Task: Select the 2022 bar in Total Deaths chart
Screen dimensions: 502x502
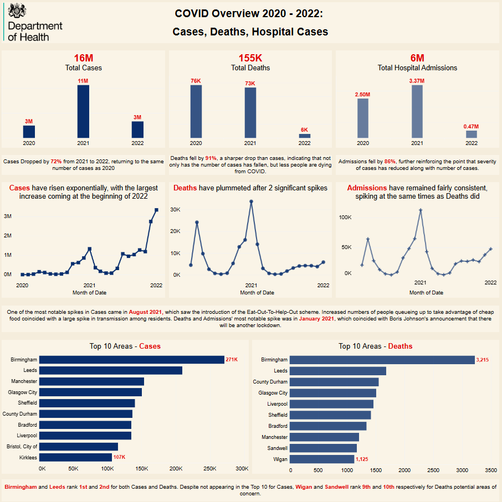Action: coord(305,136)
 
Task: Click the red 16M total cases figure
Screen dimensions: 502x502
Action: coord(83,58)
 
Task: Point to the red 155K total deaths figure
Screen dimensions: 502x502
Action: coord(250,58)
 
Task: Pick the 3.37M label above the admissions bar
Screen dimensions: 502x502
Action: coord(417,81)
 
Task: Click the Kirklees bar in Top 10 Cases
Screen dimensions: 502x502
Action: coord(76,457)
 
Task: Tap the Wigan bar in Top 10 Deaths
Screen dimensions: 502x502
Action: coord(322,459)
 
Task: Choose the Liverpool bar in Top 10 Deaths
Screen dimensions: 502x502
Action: coord(331,404)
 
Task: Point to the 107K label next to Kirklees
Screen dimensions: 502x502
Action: coord(120,457)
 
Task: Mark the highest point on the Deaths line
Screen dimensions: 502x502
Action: coord(251,201)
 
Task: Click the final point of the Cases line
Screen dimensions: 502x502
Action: coord(156,210)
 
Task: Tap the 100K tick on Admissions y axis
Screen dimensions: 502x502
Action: coord(345,218)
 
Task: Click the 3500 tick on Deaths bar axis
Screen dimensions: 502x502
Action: coord(490,469)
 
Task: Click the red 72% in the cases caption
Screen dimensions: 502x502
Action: coord(56,161)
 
